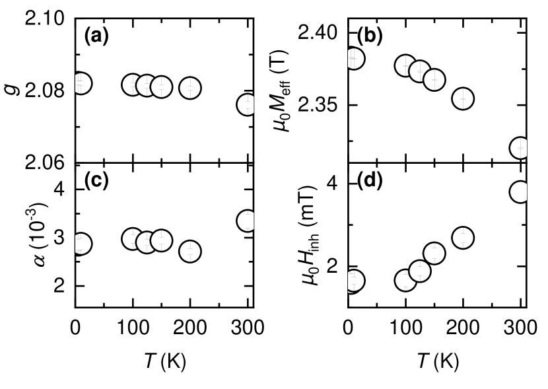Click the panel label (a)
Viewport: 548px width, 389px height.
(x=96, y=35)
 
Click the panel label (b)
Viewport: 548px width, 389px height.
(x=370, y=35)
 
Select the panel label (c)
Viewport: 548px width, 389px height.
(x=96, y=180)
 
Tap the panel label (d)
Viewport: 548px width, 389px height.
(x=370, y=180)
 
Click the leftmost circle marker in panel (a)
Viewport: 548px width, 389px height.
(x=81, y=84)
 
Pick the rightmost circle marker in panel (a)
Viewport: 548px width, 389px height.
(x=247, y=104)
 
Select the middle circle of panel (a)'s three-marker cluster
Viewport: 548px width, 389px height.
(x=147, y=86)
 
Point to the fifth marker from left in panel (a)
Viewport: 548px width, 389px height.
(x=190, y=88)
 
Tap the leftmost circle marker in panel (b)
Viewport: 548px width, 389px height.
(x=354, y=59)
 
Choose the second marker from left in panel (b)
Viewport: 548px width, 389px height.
(x=405, y=66)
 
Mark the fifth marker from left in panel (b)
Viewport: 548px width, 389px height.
(x=463, y=98)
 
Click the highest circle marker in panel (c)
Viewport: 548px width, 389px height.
(x=247, y=221)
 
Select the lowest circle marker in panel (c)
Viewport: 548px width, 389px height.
(x=190, y=251)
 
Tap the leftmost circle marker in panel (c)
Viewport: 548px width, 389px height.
(x=81, y=244)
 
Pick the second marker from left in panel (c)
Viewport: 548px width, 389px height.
(x=133, y=239)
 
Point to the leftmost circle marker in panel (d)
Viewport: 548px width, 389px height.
(x=354, y=281)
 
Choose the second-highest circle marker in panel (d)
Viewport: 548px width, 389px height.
(x=463, y=238)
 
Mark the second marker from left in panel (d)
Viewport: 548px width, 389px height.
(x=405, y=281)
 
